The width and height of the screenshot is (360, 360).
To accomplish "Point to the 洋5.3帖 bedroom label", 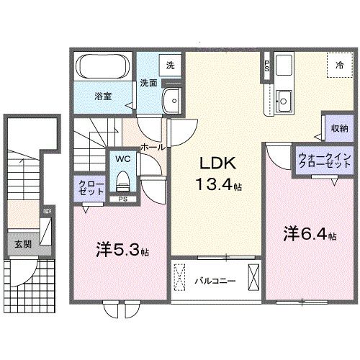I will pos(122,251).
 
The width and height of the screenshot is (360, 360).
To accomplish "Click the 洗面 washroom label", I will pos(148,81).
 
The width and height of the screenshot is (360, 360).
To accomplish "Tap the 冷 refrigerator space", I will pos(338,64).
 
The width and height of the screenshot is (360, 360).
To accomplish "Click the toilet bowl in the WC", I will pos(121,177).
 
